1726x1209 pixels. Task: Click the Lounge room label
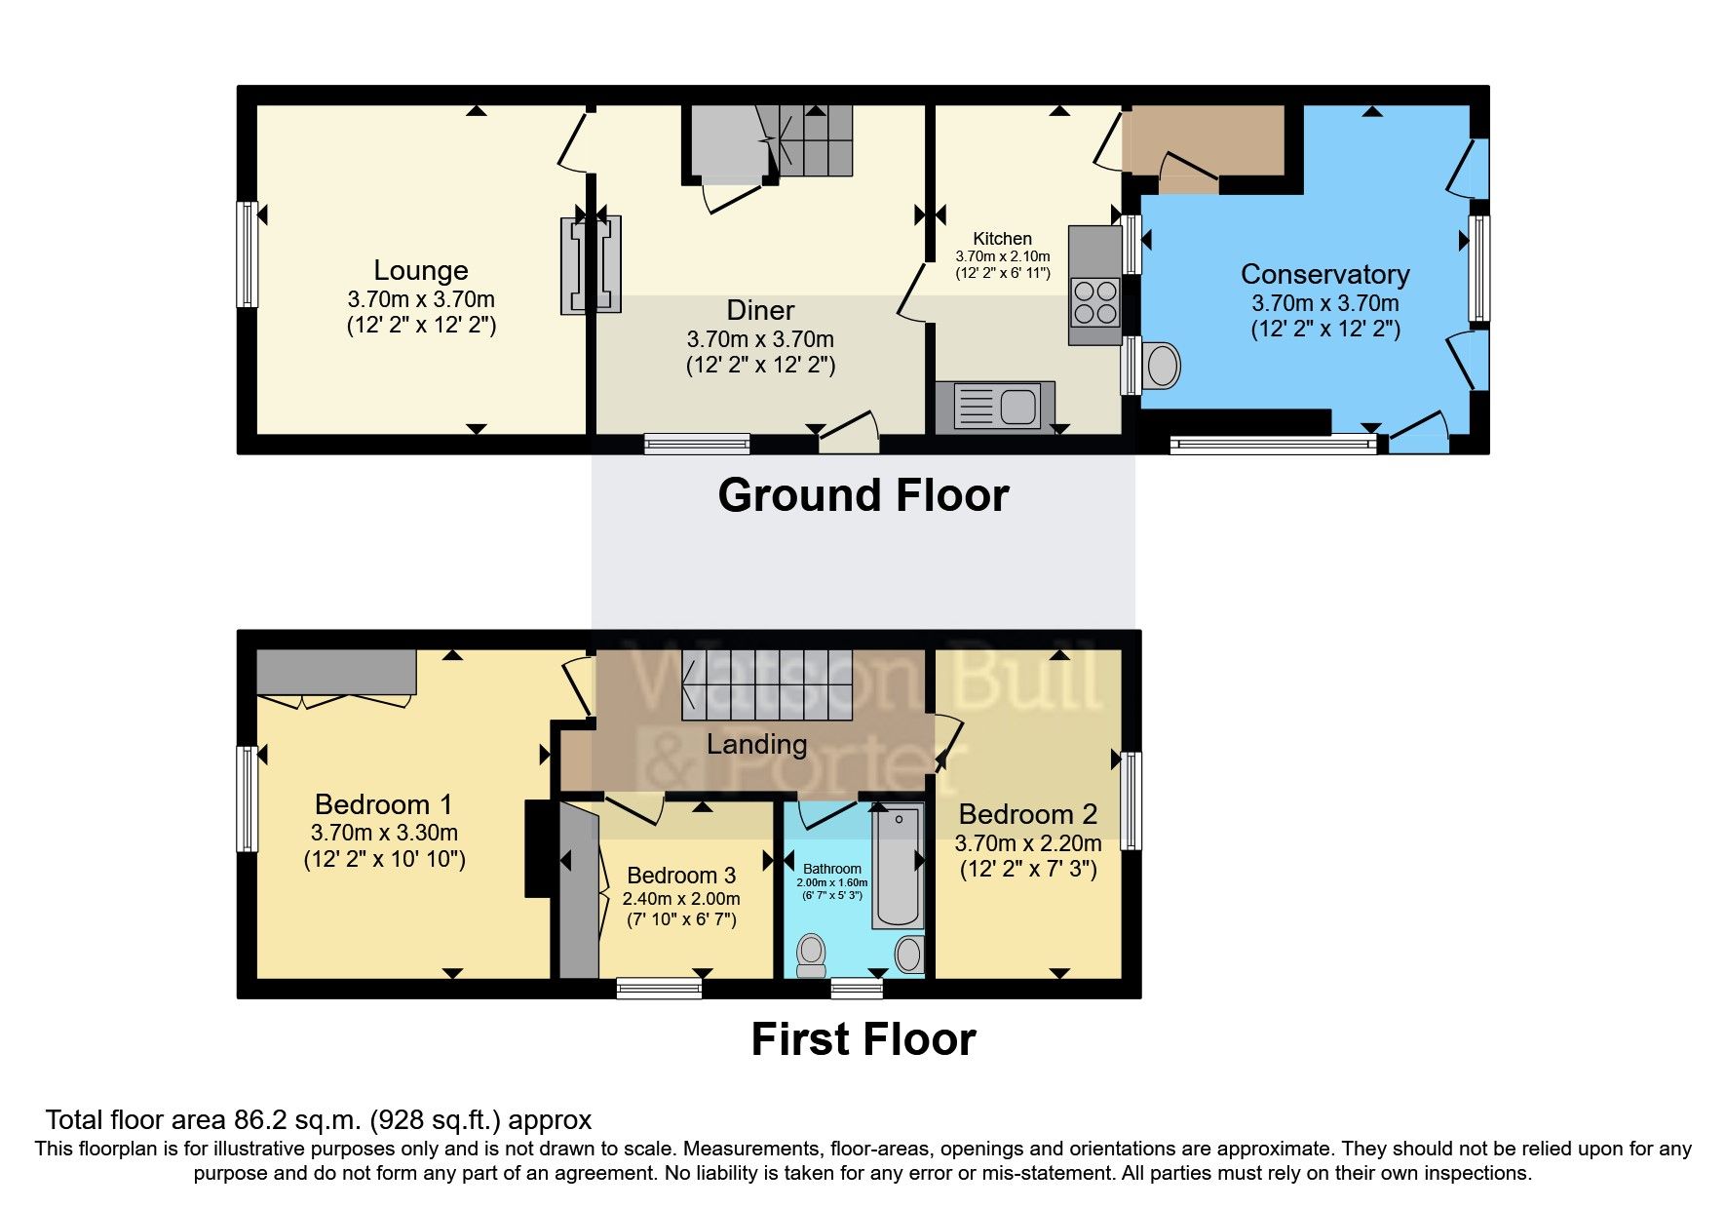coord(421,271)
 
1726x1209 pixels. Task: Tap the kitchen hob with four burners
coord(1094,302)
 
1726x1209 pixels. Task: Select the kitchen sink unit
coord(995,406)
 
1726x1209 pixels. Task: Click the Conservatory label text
coord(1324,275)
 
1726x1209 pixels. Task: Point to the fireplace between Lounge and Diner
coord(591,265)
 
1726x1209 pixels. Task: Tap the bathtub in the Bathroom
coord(898,866)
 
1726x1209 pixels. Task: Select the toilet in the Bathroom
coord(810,955)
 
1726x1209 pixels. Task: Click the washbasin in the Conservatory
coord(1162,367)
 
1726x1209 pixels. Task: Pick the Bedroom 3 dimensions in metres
coord(681,899)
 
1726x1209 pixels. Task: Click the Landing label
coord(756,745)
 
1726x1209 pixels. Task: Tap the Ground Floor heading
coord(863,495)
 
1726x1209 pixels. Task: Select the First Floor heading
coord(863,1039)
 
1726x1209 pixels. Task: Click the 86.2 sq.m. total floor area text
coord(318,1120)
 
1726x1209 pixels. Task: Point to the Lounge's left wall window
coord(248,254)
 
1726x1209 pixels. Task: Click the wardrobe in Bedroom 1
coord(336,672)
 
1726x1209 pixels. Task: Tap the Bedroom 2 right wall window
coord(1131,799)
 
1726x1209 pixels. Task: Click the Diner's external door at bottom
coord(849,436)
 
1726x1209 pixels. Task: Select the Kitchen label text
coord(1002,239)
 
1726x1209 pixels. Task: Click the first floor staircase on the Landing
coord(767,684)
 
